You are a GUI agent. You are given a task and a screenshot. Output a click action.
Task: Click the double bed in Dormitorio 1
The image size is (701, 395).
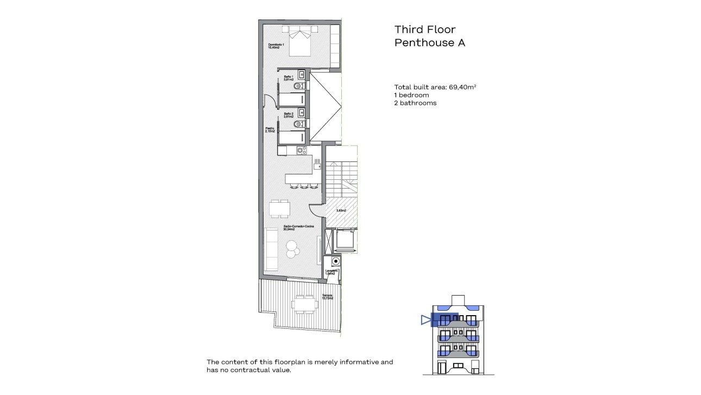pos(300,41)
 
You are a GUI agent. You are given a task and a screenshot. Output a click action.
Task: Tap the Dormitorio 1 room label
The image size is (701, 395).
pos(276,46)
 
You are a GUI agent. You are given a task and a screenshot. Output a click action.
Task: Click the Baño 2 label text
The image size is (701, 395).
pos(289,115)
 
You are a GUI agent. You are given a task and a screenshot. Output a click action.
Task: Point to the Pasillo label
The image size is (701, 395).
pos(270,130)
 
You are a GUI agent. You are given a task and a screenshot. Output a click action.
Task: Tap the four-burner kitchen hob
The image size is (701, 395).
pos(301,151)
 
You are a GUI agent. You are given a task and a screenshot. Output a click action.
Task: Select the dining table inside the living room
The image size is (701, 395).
pos(279,209)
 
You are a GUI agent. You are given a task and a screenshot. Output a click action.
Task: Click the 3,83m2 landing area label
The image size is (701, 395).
pos(341,210)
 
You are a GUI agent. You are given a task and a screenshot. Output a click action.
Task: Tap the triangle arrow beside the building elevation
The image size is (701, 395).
pos(425,321)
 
